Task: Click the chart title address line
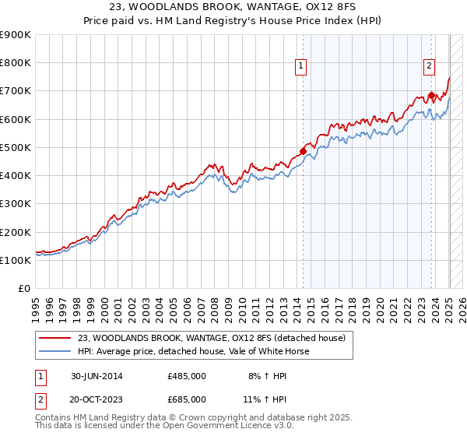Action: click(x=233, y=9)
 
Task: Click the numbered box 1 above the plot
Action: click(x=300, y=67)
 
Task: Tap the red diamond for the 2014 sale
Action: click(x=303, y=151)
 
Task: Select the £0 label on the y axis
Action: click(x=24, y=289)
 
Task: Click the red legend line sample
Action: click(x=54, y=337)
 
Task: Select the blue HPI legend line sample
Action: click(x=54, y=351)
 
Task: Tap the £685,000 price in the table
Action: click(x=187, y=399)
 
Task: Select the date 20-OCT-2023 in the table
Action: click(x=97, y=399)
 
